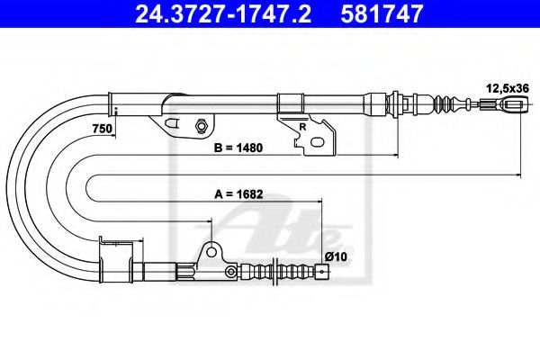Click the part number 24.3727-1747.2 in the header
click(223, 14)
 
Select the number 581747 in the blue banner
click(382, 14)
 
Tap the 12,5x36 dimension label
click(508, 88)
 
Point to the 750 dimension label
click(103, 129)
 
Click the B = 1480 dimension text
click(238, 148)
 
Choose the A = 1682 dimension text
click(238, 194)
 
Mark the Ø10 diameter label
click(336, 256)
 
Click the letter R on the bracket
click(302, 127)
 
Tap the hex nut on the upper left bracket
click(201, 125)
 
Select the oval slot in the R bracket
click(317, 141)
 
